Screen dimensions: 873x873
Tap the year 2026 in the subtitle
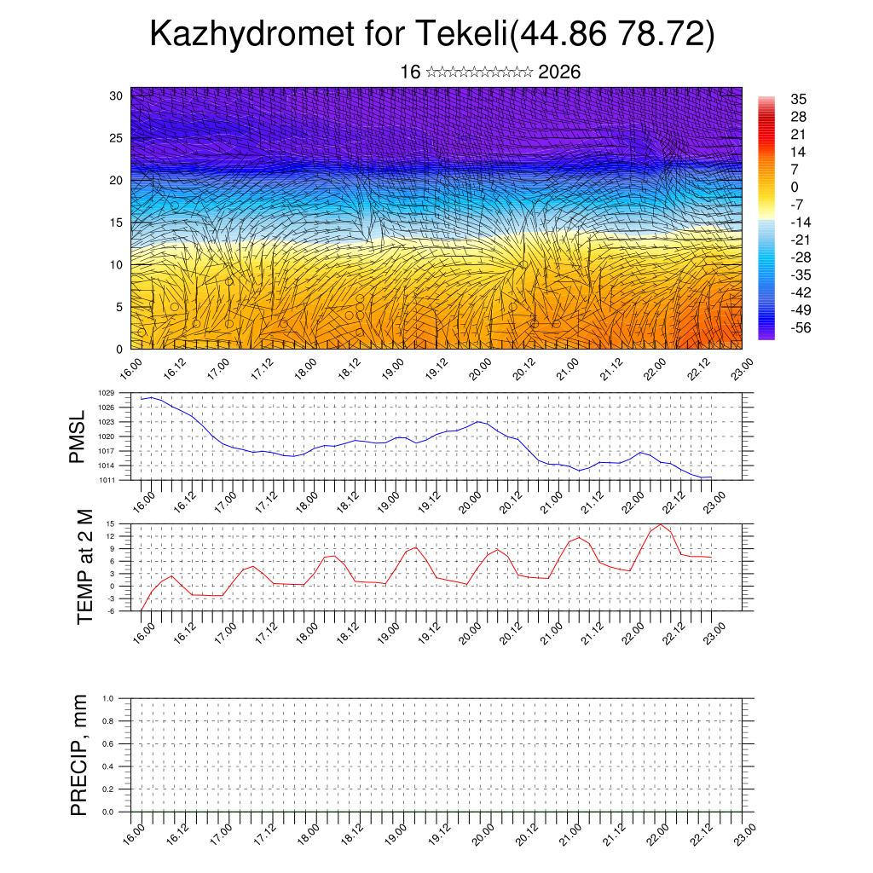pyautogui.click(x=559, y=72)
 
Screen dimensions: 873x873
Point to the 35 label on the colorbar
pyautogui.click(x=799, y=99)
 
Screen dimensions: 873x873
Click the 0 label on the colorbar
pyautogui.click(x=795, y=187)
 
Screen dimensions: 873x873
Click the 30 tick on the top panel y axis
pyautogui.click(x=116, y=95)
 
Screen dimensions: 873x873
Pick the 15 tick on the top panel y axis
pyautogui.click(x=116, y=223)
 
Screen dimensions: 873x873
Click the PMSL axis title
pyautogui.click(x=78, y=436)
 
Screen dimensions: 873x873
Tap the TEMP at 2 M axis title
pyautogui.click(x=84, y=566)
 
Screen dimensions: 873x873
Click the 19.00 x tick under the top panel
pyautogui.click(x=393, y=372)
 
